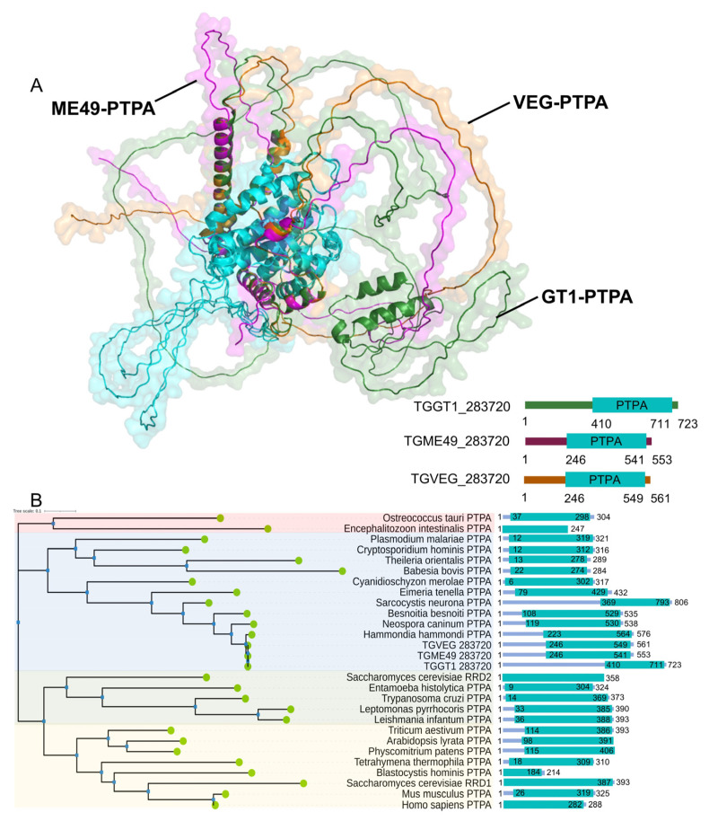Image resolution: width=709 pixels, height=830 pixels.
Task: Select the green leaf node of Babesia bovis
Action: [x=342, y=570]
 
